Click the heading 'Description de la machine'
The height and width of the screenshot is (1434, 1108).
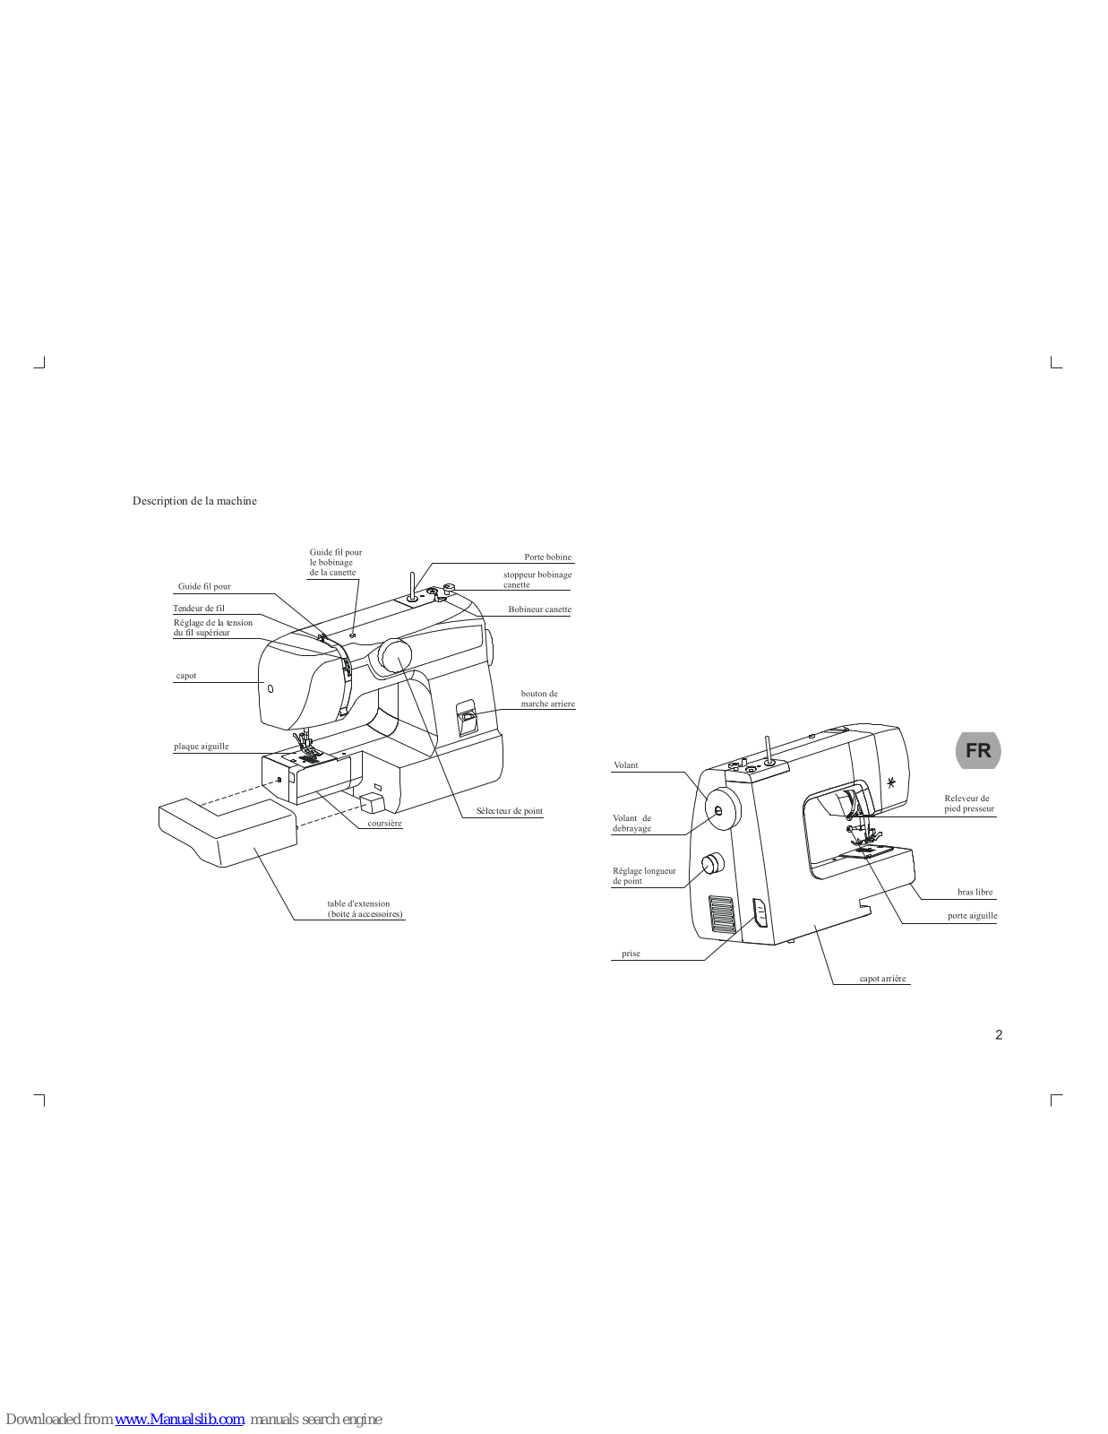(194, 501)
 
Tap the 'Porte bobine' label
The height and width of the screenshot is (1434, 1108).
(547, 557)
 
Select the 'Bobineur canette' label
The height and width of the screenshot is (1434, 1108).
(539, 609)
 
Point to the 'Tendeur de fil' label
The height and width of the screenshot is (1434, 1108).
(199, 609)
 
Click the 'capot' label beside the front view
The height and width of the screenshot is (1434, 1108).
(186, 676)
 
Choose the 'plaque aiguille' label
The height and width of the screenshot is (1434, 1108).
(202, 747)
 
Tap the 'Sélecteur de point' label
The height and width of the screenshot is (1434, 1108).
(509, 811)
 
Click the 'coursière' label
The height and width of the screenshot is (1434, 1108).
(384, 824)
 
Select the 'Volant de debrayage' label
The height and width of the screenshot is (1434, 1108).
(631, 823)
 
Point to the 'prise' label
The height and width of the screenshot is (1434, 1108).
(631, 954)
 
